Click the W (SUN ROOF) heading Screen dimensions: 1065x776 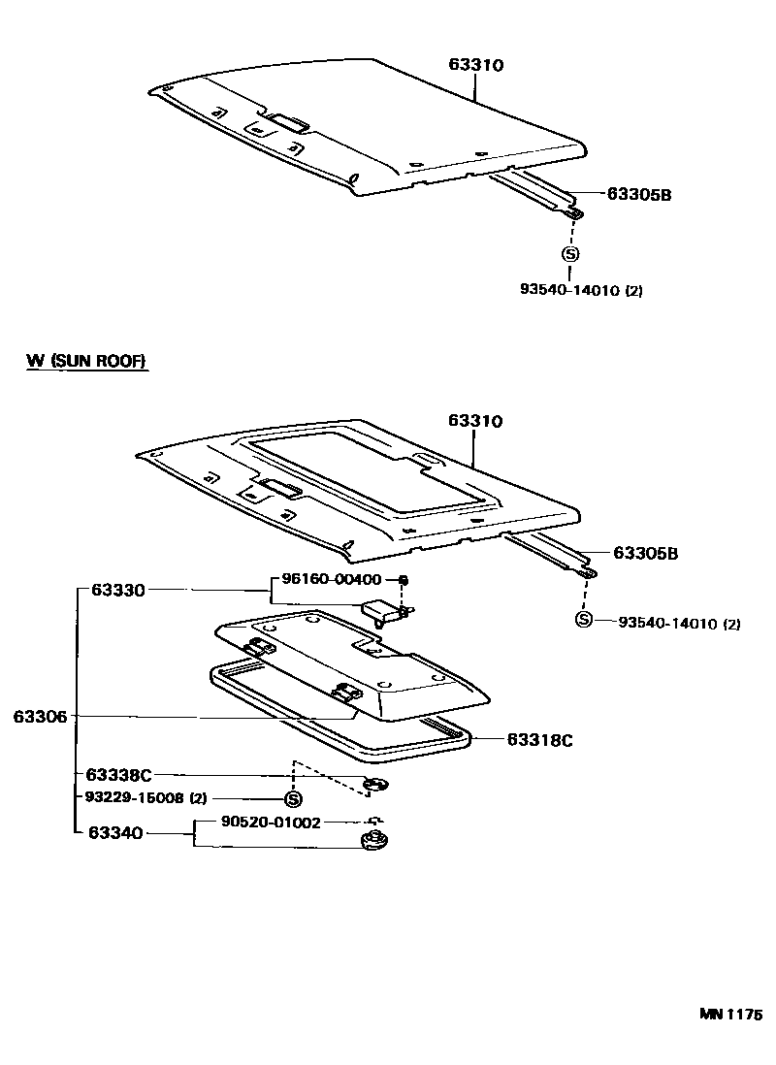[86, 361]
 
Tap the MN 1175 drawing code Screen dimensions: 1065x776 [730, 1015]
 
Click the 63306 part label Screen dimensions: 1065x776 [40, 717]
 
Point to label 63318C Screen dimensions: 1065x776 [539, 740]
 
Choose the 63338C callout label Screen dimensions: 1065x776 [118, 775]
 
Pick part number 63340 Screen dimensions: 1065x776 [115, 832]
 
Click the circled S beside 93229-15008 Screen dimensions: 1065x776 [292, 799]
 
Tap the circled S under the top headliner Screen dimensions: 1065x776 [569, 254]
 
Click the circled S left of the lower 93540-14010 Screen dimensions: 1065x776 [583, 621]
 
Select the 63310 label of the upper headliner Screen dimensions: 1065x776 [476, 64]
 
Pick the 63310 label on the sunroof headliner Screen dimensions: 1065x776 [476, 421]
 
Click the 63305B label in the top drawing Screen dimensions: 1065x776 [639, 194]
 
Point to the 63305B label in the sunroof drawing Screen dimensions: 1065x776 [645, 554]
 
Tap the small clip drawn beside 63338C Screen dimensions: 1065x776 [374, 784]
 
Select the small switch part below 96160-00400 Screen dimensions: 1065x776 [383, 612]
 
